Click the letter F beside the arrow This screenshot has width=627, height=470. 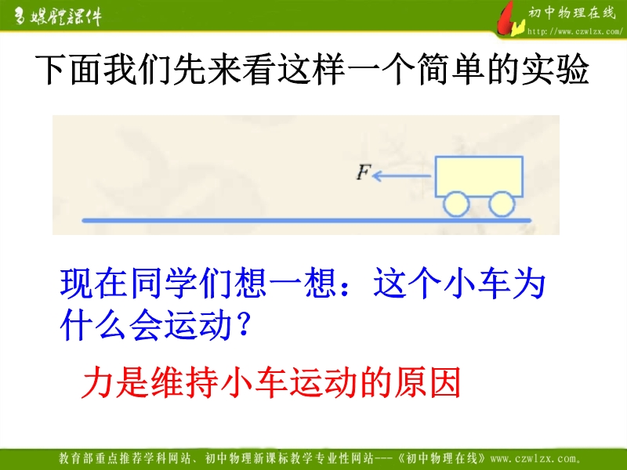pos(364,172)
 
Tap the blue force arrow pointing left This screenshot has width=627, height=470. pos(401,175)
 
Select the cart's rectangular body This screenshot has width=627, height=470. pos(479,176)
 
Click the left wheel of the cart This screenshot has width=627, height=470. pos(456,204)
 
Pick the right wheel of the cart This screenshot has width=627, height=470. pos(502,204)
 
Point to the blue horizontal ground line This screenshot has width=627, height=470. pos(306,220)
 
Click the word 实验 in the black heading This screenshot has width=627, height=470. pos(555,69)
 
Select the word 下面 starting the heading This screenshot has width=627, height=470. pos(67,69)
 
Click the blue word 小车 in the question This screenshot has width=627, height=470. pos(477,284)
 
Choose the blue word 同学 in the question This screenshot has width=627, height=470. pos(164,284)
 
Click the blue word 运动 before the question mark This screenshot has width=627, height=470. pos(199,324)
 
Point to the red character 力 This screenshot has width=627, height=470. pos(97,382)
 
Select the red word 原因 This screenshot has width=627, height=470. pos(427,382)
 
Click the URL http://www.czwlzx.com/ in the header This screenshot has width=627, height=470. pos(575,31)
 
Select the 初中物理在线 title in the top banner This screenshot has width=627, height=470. pos(571,13)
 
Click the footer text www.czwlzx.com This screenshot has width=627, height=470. pos(535,458)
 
